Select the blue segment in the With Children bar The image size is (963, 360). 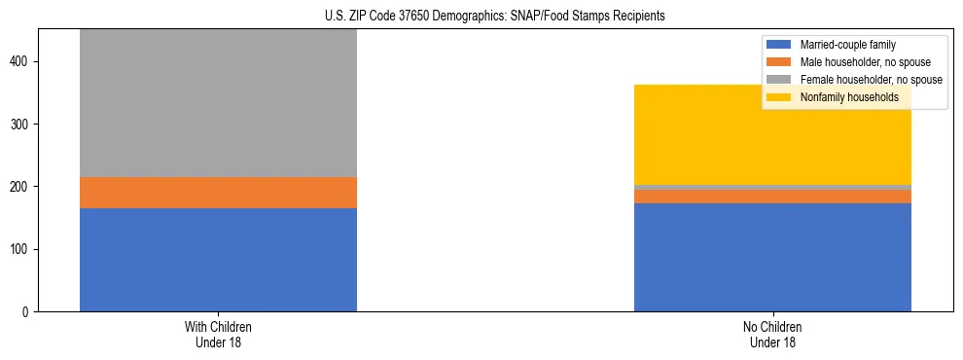coord(218,260)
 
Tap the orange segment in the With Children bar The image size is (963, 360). coord(218,193)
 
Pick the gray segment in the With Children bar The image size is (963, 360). coord(218,103)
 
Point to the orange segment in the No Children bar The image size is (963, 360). coord(772,197)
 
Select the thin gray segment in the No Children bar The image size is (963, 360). coord(772,187)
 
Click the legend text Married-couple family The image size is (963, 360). coord(847,45)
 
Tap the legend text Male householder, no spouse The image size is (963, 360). coord(861,62)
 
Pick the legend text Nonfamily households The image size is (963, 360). coord(842,97)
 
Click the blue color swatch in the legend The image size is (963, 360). coord(780,45)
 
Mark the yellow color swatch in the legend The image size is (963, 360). coord(780,97)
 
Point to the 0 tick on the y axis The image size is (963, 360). coord(27,312)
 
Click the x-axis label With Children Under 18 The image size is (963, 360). coord(218,335)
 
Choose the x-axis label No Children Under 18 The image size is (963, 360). coord(772,335)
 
